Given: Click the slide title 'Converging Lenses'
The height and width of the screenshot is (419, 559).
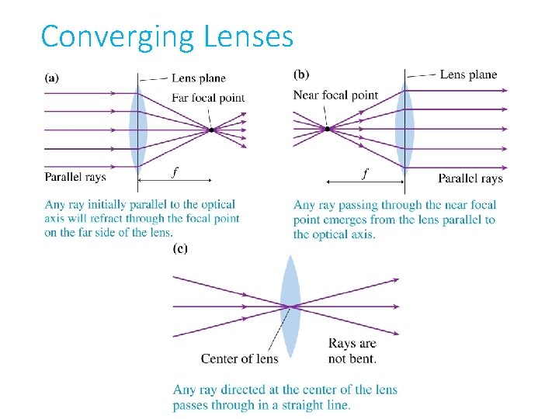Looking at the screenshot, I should pyautogui.click(x=167, y=36).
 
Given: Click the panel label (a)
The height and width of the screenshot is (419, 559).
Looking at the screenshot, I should pyautogui.click(x=54, y=78).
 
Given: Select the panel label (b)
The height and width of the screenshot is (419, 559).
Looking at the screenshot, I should pyautogui.click(x=301, y=74).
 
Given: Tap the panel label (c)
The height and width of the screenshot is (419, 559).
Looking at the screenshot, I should pyautogui.click(x=180, y=248).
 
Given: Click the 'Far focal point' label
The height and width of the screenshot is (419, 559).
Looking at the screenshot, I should pyautogui.click(x=207, y=98).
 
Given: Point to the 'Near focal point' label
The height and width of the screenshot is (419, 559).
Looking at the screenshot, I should pyautogui.click(x=335, y=95).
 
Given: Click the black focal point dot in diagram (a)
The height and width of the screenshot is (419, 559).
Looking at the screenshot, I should pyautogui.click(x=211, y=130).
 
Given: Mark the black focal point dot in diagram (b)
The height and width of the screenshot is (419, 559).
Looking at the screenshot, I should pyautogui.click(x=328, y=129).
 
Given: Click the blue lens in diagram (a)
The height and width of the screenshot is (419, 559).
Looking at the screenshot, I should pyautogui.click(x=138, y=130).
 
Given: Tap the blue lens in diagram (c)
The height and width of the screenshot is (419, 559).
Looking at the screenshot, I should pyautogui.click(x=290, y=306).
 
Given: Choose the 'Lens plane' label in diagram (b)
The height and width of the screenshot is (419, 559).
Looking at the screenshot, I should pyautogui.click(x=468, y=74).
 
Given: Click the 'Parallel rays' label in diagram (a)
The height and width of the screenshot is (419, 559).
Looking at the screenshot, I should pyautogui.click(x=75, y=177).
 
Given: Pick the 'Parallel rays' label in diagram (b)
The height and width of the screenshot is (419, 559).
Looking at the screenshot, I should pyautogui.click(x=470, y=178).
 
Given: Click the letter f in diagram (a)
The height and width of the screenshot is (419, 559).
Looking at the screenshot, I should pyautogui.click(x=175, y=173).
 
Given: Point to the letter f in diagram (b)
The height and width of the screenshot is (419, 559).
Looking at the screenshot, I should pyautogui.click(x=365, y=173).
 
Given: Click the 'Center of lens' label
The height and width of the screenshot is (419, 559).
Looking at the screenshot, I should pyautogui.click(x=239, y=358).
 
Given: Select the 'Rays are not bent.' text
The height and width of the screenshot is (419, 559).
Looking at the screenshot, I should pyautogui.click(x=352, y=351).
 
